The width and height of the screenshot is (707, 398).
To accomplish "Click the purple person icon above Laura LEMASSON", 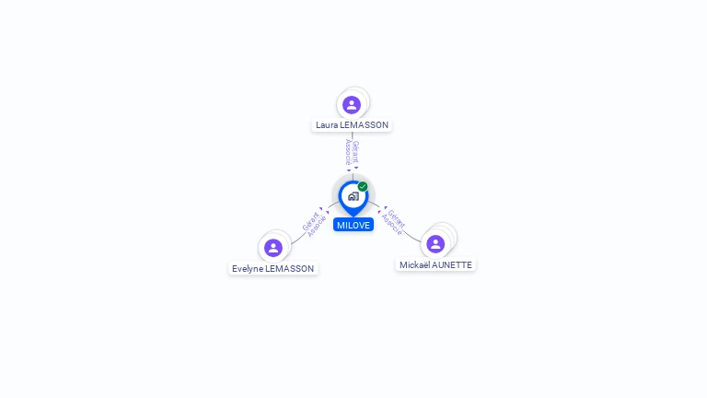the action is coord(352,105).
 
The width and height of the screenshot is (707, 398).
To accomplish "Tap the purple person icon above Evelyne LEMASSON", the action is coord(273,248).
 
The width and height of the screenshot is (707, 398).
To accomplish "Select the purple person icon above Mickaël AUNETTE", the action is coord(435,244).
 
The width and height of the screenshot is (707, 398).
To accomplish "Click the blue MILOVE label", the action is coord(353,225).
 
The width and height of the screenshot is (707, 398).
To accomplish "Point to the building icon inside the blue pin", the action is coord(353,196).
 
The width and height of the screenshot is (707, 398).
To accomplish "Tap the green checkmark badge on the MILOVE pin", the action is coord(363,186).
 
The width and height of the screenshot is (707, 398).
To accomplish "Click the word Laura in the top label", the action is coord(327,125).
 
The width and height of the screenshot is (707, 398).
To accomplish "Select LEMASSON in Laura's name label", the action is coord(365,125).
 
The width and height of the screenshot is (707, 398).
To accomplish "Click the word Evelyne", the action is coord(247,269).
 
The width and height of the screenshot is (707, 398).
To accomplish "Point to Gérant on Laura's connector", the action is coord(356,152).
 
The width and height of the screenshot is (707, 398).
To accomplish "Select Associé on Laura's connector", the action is coord(348,152).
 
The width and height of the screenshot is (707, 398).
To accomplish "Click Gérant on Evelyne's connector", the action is coord(310,221).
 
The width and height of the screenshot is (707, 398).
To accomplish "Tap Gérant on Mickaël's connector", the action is coord(396,218).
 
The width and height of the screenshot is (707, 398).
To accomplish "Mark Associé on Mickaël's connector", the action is coord(391,224).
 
